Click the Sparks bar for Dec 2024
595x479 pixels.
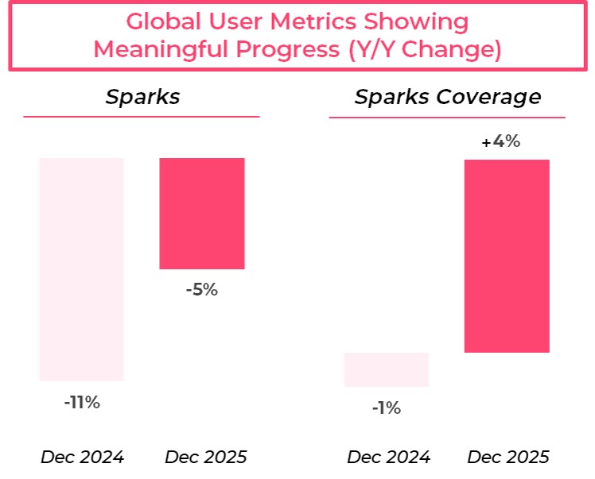pos(81,269)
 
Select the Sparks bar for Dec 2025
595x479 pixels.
pos(202,214)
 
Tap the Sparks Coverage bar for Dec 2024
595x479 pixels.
pos(387,369)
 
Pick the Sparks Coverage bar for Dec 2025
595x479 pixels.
pos(507,256)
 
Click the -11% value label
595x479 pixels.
pos(82,403)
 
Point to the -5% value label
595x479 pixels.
pos(201,290)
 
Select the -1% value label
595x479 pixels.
pos(387,408)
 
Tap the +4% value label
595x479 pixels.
pos(501,143)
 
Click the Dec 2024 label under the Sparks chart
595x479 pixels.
pos(82,458)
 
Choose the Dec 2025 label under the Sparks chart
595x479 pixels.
pos(206,458)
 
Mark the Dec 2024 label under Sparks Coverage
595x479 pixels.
pos(388,458)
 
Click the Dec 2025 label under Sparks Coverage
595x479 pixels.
pos(508,458)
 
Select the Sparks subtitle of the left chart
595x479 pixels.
pos(142,97)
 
